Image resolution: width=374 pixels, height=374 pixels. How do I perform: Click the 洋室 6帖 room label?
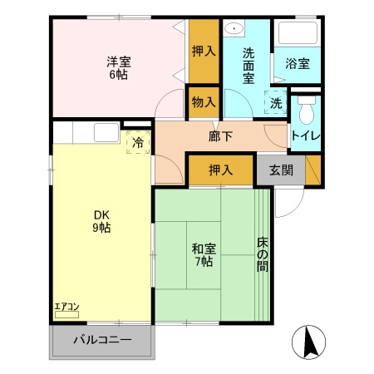(117, 67)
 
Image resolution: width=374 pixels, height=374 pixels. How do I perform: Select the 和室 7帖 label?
(203, 253)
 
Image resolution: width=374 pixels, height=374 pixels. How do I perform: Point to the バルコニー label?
(102, 340)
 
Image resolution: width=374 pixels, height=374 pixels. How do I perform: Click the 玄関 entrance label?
(280, 170)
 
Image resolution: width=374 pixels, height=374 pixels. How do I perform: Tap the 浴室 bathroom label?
(298, 63)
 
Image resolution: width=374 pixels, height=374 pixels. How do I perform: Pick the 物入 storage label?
(203, 103)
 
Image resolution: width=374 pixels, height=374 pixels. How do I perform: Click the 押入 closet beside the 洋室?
(203, 52)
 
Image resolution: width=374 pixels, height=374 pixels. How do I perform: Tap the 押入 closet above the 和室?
(219, 170)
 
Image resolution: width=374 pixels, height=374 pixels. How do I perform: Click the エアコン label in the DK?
(66, 308)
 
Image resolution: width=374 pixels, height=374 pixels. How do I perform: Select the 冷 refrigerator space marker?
(138, 142)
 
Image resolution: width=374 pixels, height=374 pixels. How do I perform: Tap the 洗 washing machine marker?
(275, 103)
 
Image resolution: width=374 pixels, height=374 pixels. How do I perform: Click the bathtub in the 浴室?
(298, 34)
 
